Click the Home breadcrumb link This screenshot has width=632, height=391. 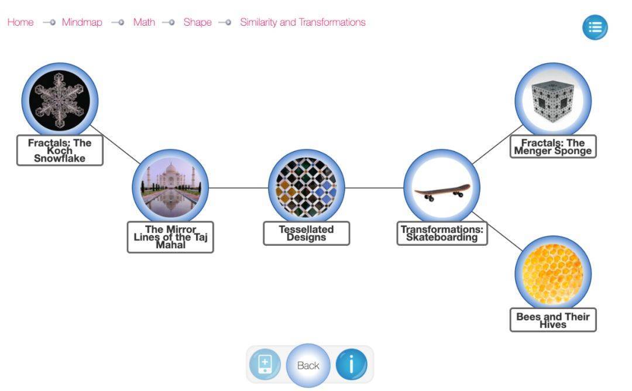[x=20, y=22]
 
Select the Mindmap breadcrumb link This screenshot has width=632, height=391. [x=82, y=22]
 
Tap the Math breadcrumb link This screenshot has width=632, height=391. [x=144, y=22]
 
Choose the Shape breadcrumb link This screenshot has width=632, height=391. [x=197, y=22]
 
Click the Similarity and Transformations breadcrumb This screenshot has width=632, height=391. [x=303, y=22]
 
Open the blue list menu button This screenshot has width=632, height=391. [x=595, y=28]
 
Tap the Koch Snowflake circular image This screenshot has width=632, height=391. [x=60, y=101]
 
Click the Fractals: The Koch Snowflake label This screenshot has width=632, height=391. [x=60, y=150]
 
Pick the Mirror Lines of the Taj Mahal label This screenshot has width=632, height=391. [x=170, y=237]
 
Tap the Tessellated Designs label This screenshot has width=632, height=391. [x=306, y=233]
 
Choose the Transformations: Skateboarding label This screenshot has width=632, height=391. [x=442, y=233]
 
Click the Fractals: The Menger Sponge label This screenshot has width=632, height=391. [x=553, y=146]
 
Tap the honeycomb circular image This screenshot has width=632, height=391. [x=553, y=274]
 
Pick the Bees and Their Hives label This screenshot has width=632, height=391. [x=553, y=320]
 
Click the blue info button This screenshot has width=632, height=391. [x=351, y=365]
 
